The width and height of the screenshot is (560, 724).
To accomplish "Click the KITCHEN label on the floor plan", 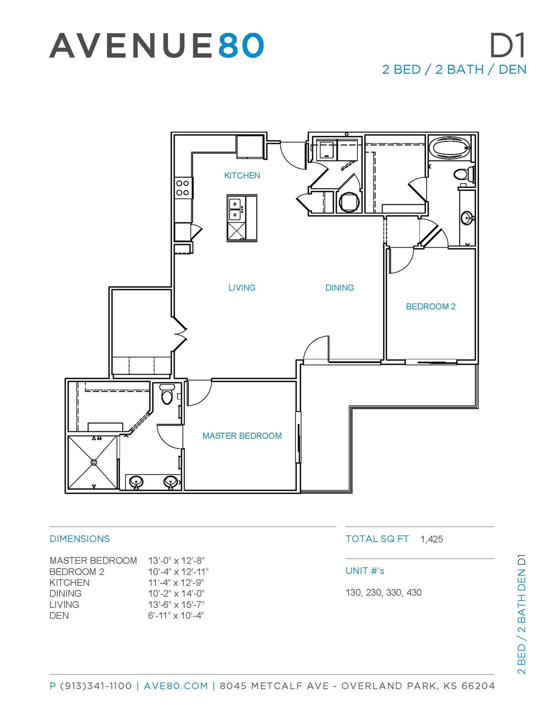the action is coord(242,175).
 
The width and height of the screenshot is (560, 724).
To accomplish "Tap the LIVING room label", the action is coord(242,287).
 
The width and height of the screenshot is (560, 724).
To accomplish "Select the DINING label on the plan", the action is coord(339,287).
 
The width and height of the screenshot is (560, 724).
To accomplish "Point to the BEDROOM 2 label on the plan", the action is coord(431,306).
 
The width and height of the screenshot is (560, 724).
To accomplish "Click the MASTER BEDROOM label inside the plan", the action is coord(242,436).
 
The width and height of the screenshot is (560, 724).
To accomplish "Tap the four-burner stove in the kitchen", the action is coord(182,188).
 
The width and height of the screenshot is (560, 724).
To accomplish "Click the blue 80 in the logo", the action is coord(241,45).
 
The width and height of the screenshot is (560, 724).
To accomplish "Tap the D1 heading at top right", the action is coord(508,45).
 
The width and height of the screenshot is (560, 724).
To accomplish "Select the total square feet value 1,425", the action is coord(432,539).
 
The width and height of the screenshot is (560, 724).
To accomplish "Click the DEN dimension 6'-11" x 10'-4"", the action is coord(176,616).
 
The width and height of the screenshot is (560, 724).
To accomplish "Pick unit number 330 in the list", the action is coord(394,592).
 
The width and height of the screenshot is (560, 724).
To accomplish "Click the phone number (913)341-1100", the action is coord(96,686).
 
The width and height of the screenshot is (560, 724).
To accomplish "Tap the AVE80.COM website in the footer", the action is coord(176,686).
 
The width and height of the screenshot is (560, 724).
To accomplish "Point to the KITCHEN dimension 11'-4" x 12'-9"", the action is coord(176,583).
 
